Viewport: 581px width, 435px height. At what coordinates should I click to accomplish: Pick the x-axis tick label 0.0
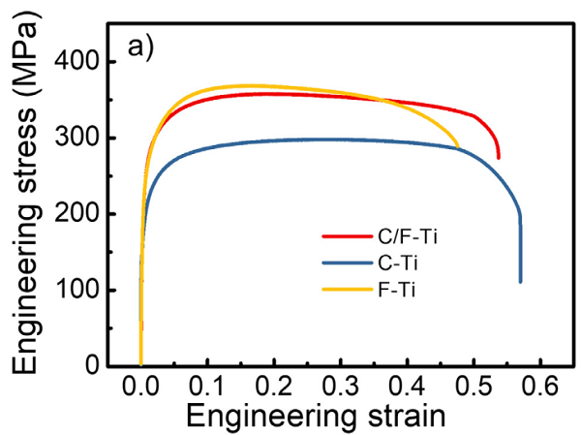141,388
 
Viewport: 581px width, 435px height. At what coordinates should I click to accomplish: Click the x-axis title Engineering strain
316,417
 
